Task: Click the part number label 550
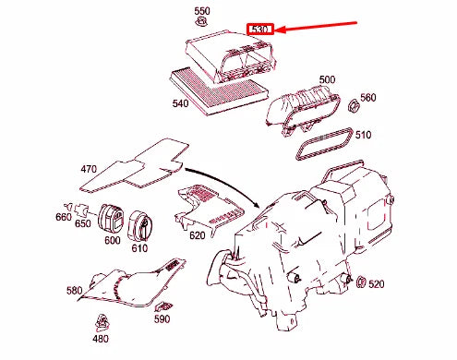coord(201,11)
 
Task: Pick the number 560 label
coord(367,97)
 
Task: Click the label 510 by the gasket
coord(364,135)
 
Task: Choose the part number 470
coord(89,169)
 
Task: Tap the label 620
coord(197,236)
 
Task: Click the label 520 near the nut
coord(376,285)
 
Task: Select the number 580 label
coord(74,290)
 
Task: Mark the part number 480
coord(100,338)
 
